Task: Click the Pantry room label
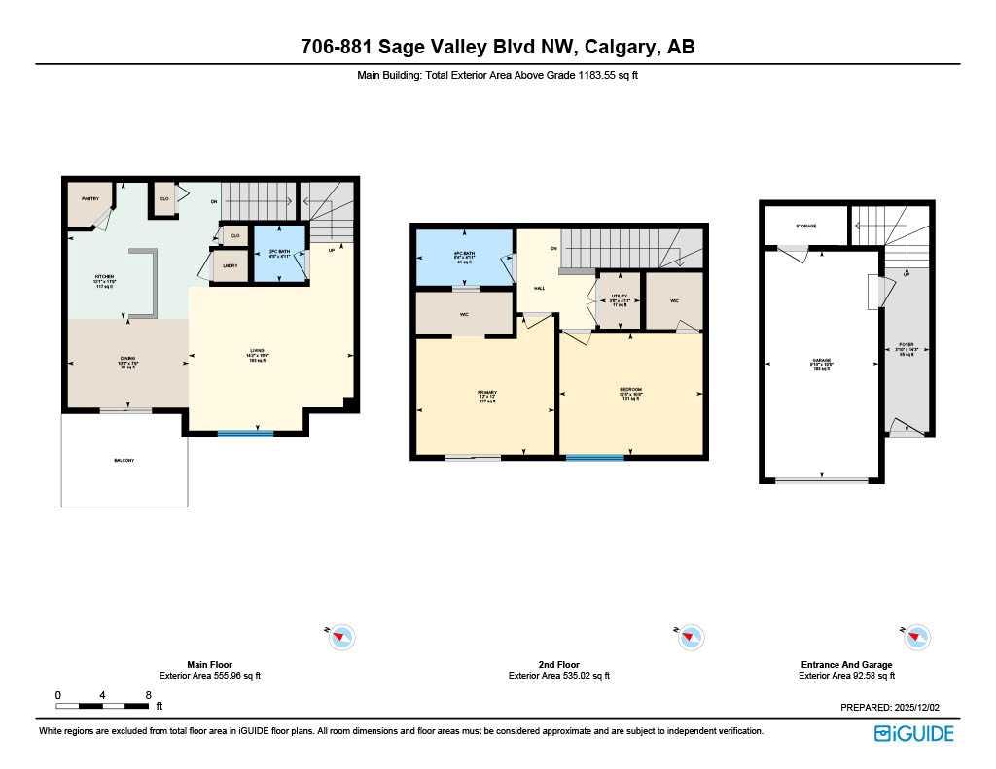pos(89,199)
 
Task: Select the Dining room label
pos(127,362)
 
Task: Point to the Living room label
pos(257,351)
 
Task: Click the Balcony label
pos(124,460)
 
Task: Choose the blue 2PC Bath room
pos(280,254)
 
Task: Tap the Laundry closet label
pos(230,265)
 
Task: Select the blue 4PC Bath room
pos(463,259)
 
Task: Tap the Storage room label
pos(805,227)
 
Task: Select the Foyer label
pos(907,348)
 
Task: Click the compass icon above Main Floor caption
pos(341,637)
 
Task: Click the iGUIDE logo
pos(913,734)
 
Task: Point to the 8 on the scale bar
pos(148,695)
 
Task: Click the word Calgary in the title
pos(619,47)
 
